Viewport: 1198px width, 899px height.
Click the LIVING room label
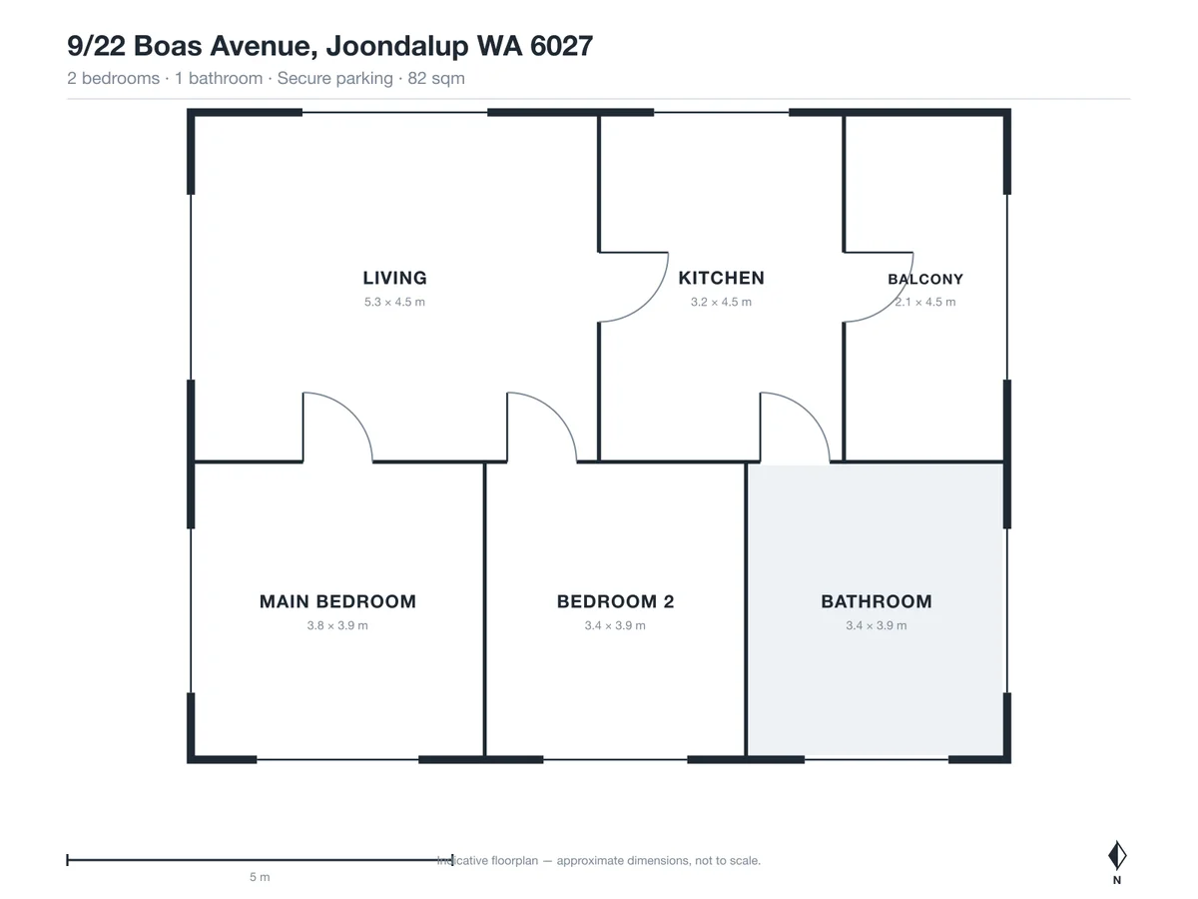click(x=394, y=278)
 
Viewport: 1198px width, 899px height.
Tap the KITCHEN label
click(x=721, y=278)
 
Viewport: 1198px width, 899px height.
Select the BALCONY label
click(x=925, y=279)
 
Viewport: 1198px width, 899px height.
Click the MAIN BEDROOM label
click(x=337, y=601)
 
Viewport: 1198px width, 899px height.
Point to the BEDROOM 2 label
click(x=615, y=601)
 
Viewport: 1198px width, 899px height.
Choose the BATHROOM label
click(x=877, y=601)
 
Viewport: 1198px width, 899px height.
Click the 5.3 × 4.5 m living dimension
click(x=394, y=302)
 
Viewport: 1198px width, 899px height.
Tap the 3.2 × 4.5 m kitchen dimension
click(x=721, y=302)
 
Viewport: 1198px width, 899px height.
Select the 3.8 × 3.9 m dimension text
click(x=337, y=625)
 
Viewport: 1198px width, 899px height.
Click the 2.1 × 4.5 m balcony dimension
click(x=925, y=302)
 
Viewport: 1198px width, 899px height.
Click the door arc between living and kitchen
click(x=648, y=302)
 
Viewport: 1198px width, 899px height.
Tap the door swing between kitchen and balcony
click(x=893, y=302)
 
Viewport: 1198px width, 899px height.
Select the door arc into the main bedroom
click(x=352, y=413)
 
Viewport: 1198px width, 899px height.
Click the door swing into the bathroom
click(x=810, y=413)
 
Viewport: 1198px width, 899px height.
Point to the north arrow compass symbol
click(x=1117, y=855)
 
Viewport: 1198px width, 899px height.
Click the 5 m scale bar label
click(x=260, y=877)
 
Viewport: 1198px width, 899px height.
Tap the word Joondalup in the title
click(x=397, y=46)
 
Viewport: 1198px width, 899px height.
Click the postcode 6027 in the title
click(x=561, y=46)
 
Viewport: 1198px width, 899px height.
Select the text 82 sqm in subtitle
click(x=436, y=79)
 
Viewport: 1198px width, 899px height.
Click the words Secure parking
click(x=335, y=79)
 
